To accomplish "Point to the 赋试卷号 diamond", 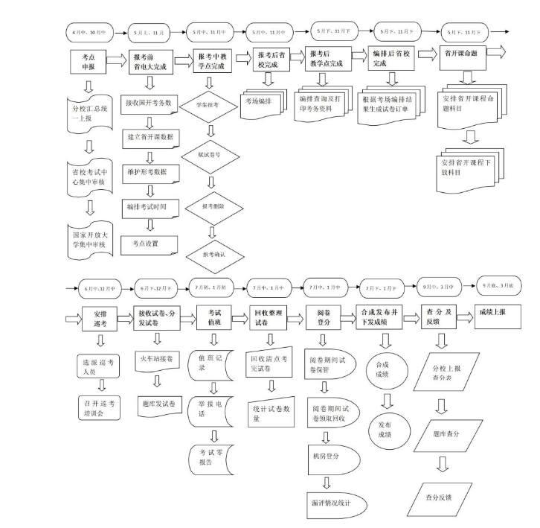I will (x=210, y=156).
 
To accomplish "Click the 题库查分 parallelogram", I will (x=444, y=433).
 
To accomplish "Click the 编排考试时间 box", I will (x=151, y=208).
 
